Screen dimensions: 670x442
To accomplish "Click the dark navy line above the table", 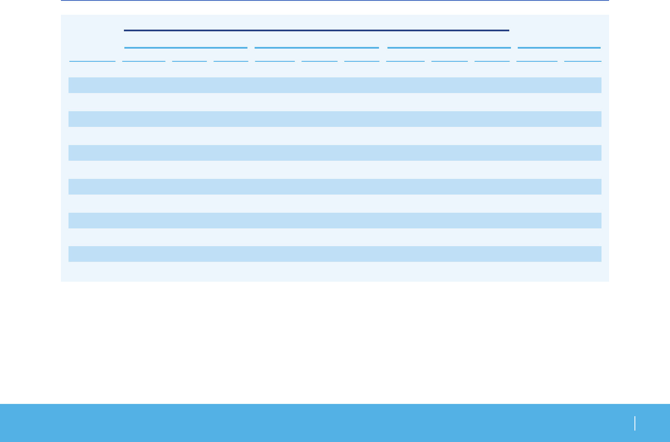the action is pos(316,30).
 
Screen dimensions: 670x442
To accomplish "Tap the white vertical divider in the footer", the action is pos(635,423).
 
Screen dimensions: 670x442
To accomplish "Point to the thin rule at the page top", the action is pos(335,0).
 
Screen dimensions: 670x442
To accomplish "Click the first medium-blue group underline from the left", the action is pos(186,48).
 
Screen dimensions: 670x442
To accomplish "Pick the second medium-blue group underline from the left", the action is pos(317,48).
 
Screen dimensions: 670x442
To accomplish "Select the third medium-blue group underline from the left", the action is pos(449,48).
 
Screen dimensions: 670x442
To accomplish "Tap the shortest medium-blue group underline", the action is pos(559,48).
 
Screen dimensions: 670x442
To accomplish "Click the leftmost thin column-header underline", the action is pos(92,61).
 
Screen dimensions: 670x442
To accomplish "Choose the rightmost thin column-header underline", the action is pos(583,61).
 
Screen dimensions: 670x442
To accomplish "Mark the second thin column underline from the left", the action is pos(144,61).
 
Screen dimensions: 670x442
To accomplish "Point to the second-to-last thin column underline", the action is pos(537,61).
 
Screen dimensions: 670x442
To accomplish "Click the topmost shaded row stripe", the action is pos(335,85).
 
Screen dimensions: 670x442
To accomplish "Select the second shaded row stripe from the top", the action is pos(335,119).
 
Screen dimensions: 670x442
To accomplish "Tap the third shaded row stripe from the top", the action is pos(335,153).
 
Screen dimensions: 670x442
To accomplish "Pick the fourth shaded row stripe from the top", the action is pos(335,187).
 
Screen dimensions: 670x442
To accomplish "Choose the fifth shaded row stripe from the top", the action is pos(335,220).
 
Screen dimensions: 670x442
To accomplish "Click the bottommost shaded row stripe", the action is pos(335,254).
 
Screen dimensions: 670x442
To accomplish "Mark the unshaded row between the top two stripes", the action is pos(335,102).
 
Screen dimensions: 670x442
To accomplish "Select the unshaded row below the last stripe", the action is pos(335,271).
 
